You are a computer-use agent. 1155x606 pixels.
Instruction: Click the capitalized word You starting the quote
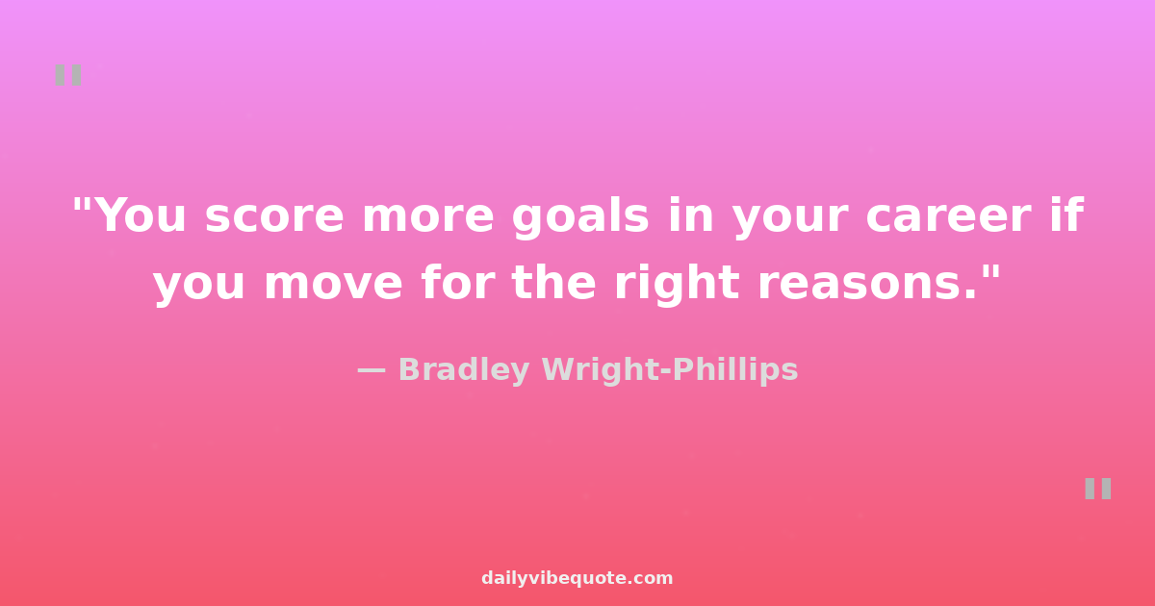click(141, 215)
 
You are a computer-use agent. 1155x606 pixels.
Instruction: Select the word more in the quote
click(428, 217)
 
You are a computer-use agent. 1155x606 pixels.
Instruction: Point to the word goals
click(580, 217)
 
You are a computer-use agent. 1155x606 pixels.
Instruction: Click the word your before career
click(790, 220)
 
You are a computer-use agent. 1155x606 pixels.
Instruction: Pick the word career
click(949, 217)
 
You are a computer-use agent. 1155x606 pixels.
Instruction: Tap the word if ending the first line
click(1066, 215)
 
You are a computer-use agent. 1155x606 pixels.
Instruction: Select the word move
click(333, 285)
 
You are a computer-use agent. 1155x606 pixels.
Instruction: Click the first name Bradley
click(464, 371)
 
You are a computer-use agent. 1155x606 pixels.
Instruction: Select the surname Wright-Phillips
click(670, 371)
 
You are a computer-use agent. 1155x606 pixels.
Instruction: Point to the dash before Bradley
click(372, 370)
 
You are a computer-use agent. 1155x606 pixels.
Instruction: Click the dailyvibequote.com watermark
click(577, 578)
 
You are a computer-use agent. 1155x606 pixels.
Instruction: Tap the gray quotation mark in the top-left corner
click(68, 75)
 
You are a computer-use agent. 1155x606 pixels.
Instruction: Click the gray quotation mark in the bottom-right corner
click(1098, 489)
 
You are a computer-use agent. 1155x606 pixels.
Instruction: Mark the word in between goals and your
click(691, 215)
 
